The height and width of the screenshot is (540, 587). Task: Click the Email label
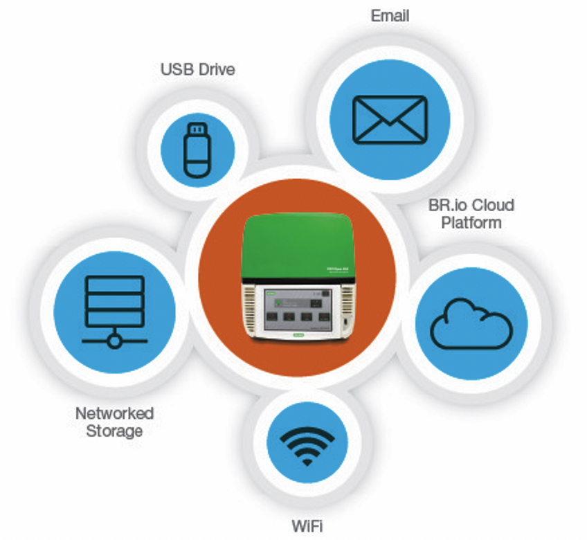pyautogui.click(x=389, y=16)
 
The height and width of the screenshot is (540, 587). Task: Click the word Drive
pyautogui.click(x=215, y=70)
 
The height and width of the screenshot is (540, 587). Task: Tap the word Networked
pyautogui.click(x=114, y=413)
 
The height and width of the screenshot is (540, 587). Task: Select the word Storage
pyautogui.click(x=114, y=431)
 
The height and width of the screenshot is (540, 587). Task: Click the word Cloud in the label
pyautogui.click(x=493, y=206)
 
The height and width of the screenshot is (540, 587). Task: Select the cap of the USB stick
pyautogui.click(x=197, y=129)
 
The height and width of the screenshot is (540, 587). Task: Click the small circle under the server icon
pyautogui.click(x=114, y=340)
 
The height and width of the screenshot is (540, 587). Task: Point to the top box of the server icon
pyautogui.click(x=114, y=285)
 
